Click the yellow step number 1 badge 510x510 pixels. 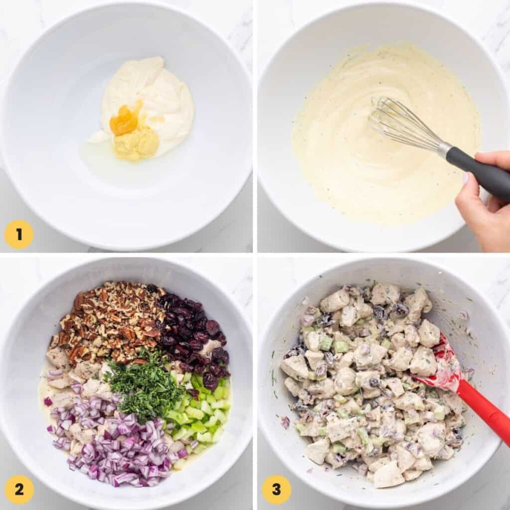click(19, 234)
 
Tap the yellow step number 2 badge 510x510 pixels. click(19, 489)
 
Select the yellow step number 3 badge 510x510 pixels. click(276, 489)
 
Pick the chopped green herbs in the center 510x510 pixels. click(144, 386)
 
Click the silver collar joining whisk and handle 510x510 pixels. click(443, 150)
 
